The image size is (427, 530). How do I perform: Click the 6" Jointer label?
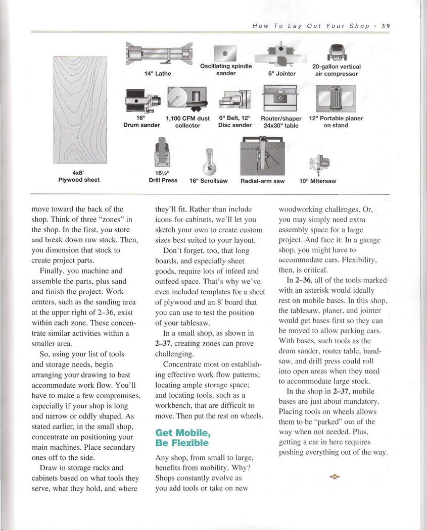(281, 74)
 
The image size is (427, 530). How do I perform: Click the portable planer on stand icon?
(336, 98)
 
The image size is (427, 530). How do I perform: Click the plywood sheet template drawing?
(80, 113)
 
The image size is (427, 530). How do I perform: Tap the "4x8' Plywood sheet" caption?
(79, 176)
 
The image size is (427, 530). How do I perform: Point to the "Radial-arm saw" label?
(262, 181)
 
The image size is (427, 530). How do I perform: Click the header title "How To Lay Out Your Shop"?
(311, 26)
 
